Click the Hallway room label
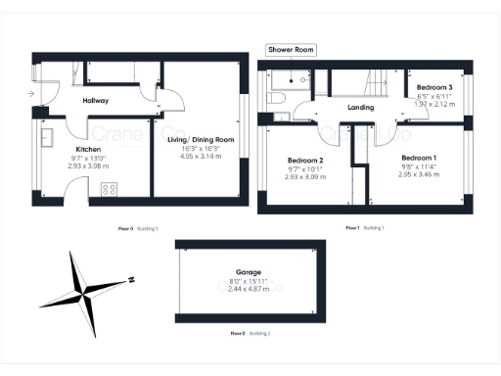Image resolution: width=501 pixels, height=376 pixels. point(95,101)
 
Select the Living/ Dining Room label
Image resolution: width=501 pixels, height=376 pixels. point(201,140)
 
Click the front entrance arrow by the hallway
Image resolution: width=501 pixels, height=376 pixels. point(32,94)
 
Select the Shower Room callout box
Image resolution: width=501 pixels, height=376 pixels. point(291,50)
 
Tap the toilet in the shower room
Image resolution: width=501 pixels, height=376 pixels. point(278,100)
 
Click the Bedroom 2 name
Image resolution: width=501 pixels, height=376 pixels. point(304,160)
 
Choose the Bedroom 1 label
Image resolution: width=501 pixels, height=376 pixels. point(420,157)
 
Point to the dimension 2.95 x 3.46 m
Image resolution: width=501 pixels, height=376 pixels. point(419,173)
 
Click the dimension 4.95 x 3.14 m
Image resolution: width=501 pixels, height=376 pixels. point(201,156)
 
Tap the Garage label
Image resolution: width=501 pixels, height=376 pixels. point(248,273)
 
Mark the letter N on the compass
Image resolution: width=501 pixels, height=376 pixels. point(130,279)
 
